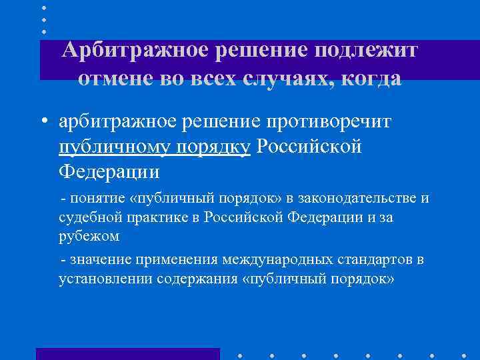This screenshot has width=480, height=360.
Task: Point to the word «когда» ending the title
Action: click(371, 78)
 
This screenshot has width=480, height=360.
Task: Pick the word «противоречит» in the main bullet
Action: click(329, 121)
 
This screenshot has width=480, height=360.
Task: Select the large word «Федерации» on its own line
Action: click(109, 171)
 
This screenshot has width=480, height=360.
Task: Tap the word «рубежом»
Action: click(89, 235)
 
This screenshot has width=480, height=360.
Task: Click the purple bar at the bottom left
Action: click(127, 353)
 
